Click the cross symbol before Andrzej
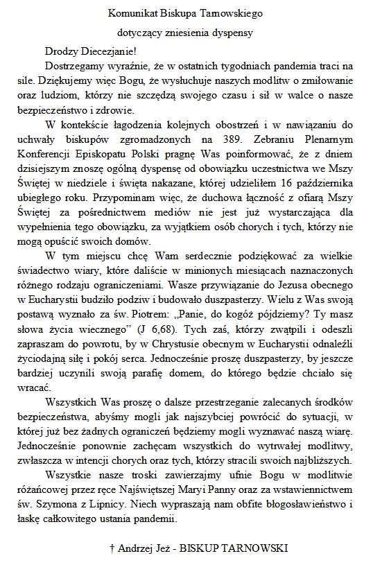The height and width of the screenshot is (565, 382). click(x=112, y=548)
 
